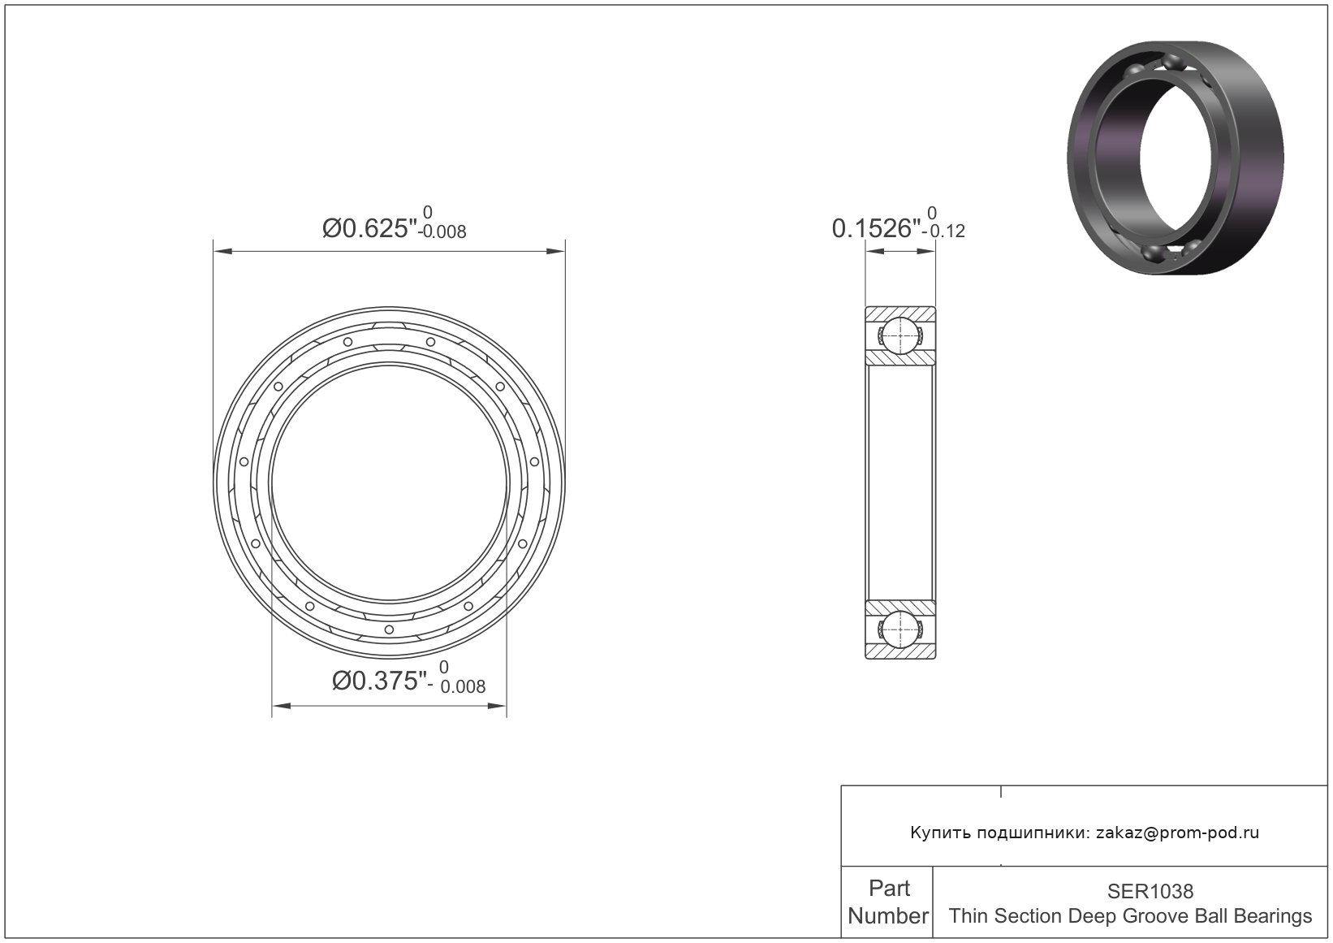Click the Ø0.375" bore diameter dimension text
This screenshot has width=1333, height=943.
click(379, 681)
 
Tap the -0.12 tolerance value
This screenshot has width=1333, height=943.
click(943, 231)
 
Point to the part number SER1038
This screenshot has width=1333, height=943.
click(1150, 891)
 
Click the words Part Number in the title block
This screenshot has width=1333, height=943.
click(888, 902)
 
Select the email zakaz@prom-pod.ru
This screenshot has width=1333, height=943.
click(1178, 833)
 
